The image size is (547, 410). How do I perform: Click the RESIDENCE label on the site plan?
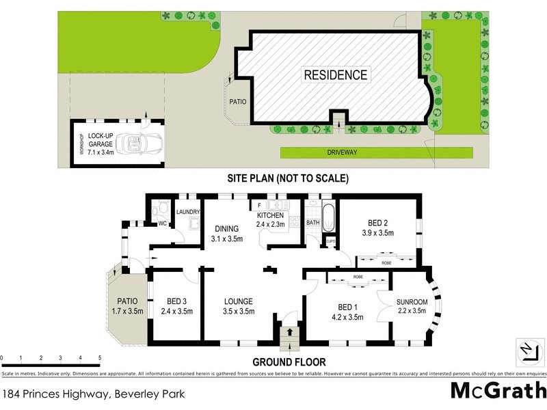(x=336, y=75)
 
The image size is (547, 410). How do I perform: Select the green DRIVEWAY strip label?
(x=349, y=152)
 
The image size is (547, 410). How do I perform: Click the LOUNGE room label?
(x=238, y=301)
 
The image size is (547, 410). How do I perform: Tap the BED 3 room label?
(x=175, y=301)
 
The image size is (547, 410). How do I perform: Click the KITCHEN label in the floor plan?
(x=269, y=215)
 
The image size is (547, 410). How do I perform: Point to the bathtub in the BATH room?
(x=328, y=217)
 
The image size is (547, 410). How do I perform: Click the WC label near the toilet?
(x=162, y=223)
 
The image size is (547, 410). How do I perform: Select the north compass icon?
(x=527, y=350)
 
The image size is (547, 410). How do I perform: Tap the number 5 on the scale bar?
(x=100, y=357)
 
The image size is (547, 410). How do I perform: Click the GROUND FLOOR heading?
(x=289, y=362)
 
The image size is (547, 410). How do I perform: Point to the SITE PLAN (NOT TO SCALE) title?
(x=289, y=179)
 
